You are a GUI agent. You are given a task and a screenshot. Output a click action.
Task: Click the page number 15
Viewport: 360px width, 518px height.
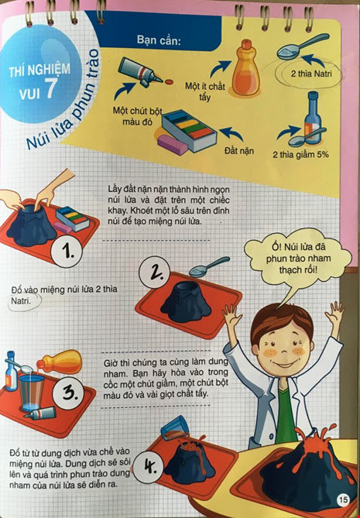pos(343,499)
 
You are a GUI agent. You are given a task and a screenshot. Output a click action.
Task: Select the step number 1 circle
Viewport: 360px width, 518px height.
pos(67,252)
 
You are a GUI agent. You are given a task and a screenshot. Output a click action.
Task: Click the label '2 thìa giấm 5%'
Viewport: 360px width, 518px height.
pos(300,154)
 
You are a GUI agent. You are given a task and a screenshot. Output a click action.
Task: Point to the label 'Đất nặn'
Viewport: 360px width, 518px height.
pos(239,151)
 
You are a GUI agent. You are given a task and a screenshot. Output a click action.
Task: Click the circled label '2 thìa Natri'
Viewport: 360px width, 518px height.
pos(311,73)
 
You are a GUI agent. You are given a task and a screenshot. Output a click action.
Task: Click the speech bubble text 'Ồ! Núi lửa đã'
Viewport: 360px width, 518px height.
pos(299,247)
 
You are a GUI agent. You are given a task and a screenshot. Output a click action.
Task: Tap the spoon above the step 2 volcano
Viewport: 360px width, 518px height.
pos(209,266)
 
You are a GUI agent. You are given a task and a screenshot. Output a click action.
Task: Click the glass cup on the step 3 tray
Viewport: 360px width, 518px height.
pos(31,393)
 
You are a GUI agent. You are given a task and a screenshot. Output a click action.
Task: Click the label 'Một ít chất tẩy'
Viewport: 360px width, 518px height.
pos(204,91)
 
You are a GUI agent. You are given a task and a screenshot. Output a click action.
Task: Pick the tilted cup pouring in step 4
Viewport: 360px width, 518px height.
pos(176,428)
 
